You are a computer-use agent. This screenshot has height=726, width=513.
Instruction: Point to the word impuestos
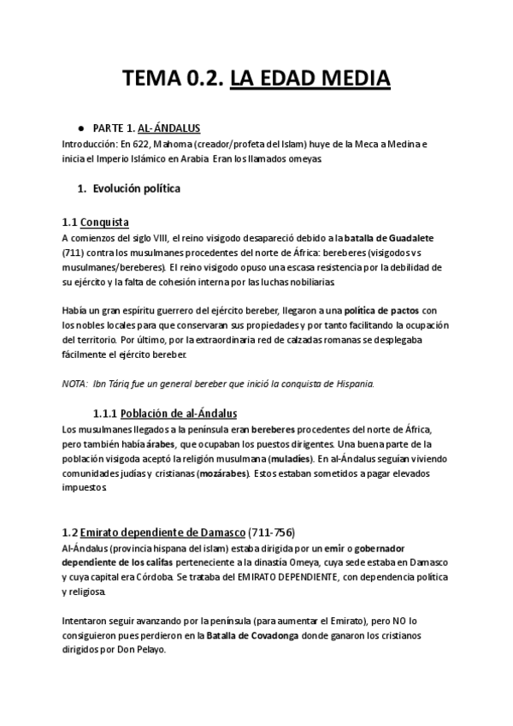tap(84, 489)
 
